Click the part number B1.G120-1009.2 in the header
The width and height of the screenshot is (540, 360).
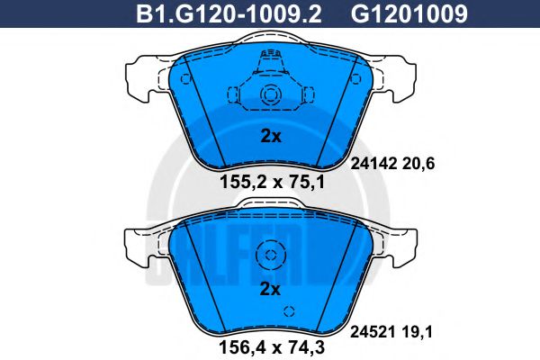(229, 14)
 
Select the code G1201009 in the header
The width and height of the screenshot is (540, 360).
(409, 14)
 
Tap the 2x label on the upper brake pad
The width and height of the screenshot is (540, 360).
(270, 137)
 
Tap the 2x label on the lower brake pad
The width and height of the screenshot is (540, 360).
(270, 289)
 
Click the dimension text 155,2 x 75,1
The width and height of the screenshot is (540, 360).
(272, 182)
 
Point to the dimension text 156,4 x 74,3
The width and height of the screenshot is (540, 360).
(272, 347)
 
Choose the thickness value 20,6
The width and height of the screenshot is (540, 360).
(418, 164)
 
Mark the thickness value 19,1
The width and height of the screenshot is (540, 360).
(417, 332)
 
